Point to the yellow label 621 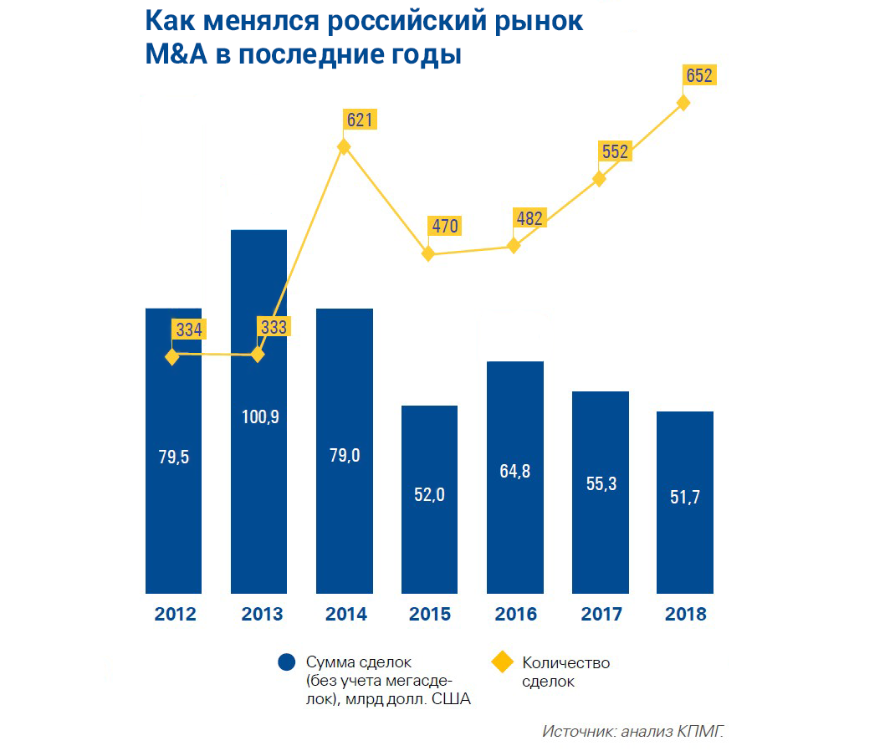(x=359, y=120)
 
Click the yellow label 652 (x=698, y=76)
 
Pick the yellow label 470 (x=444, y=226)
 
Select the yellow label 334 (x=189, y=329)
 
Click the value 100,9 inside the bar (x=258, y=416)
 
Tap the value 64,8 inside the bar (x=514, y=470)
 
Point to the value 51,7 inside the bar (x=685, y=497)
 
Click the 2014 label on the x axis (x=345, y=615)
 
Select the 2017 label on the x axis (x=601, y=615)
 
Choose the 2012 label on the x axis (x=175, y=615)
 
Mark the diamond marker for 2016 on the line (x=514, y=246)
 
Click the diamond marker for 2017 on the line (x=599, y=179)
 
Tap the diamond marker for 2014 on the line (x=343, y=147)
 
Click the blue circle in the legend (x=287, y=663)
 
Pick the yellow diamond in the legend (x=501, y=663)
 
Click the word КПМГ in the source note (x=699, y=731)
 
